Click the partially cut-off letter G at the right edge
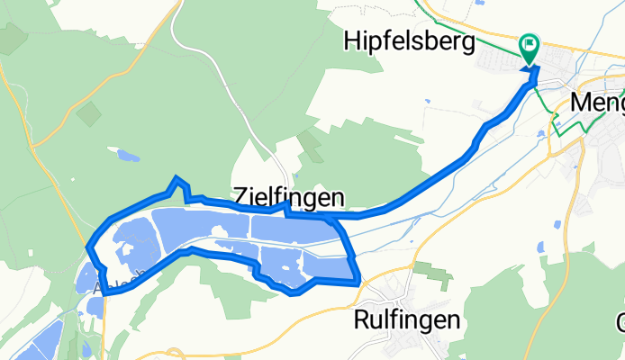[620, 323]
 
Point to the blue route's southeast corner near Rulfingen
[358, 280]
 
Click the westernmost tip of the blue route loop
[88, 247]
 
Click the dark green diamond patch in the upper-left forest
[88, 113]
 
